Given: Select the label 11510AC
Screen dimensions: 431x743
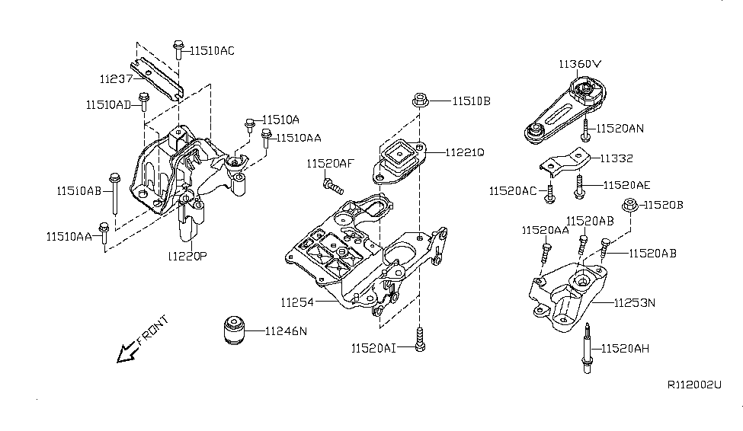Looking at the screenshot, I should (x=212, y=51).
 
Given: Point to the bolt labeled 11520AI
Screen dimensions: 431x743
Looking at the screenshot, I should (x=419, y=339).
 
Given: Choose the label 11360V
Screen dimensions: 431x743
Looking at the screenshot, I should (x=580, y=64).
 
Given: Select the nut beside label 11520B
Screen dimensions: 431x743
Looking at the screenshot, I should (x=630, y=205).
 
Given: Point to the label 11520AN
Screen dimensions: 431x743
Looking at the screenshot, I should (x=620, y=129).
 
